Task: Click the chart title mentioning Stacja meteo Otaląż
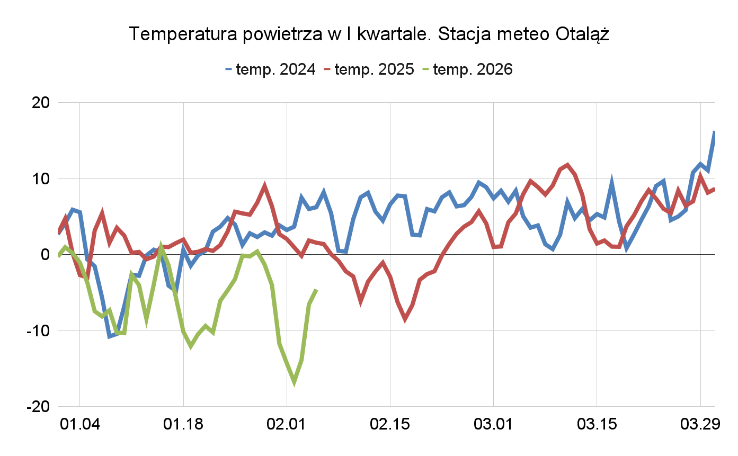pyautogui.click(x=369, y=34)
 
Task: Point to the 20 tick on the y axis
pyautogui.click(x=38, y=103)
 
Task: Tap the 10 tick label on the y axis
pyautogui.click(x=38, y=179)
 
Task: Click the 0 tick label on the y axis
pyautogui.click(x=45, y=255)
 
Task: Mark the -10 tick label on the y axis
pyautogui.click(x=35, y=331)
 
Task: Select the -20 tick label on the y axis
pyautogui.click(x=35, y=407)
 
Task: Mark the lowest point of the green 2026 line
pyautogui.click(x=294, y=382)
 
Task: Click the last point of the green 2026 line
pyautogui.click(x=316, y=290)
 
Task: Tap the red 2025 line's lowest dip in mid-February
pyautogui.click(x=405, y=319)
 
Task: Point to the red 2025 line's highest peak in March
pyautogui.click(x=567, y=165)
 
